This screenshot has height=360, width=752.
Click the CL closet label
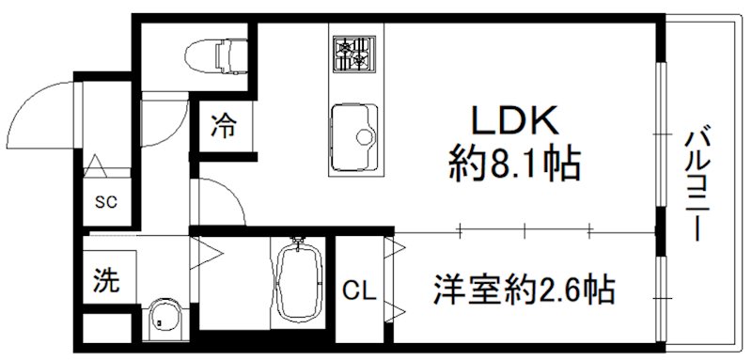tap(360, 291)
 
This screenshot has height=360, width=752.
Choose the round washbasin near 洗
tap(165, 318)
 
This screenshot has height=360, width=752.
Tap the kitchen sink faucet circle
tap(364, 139)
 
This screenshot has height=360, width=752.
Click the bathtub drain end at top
tap(299, 247)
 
